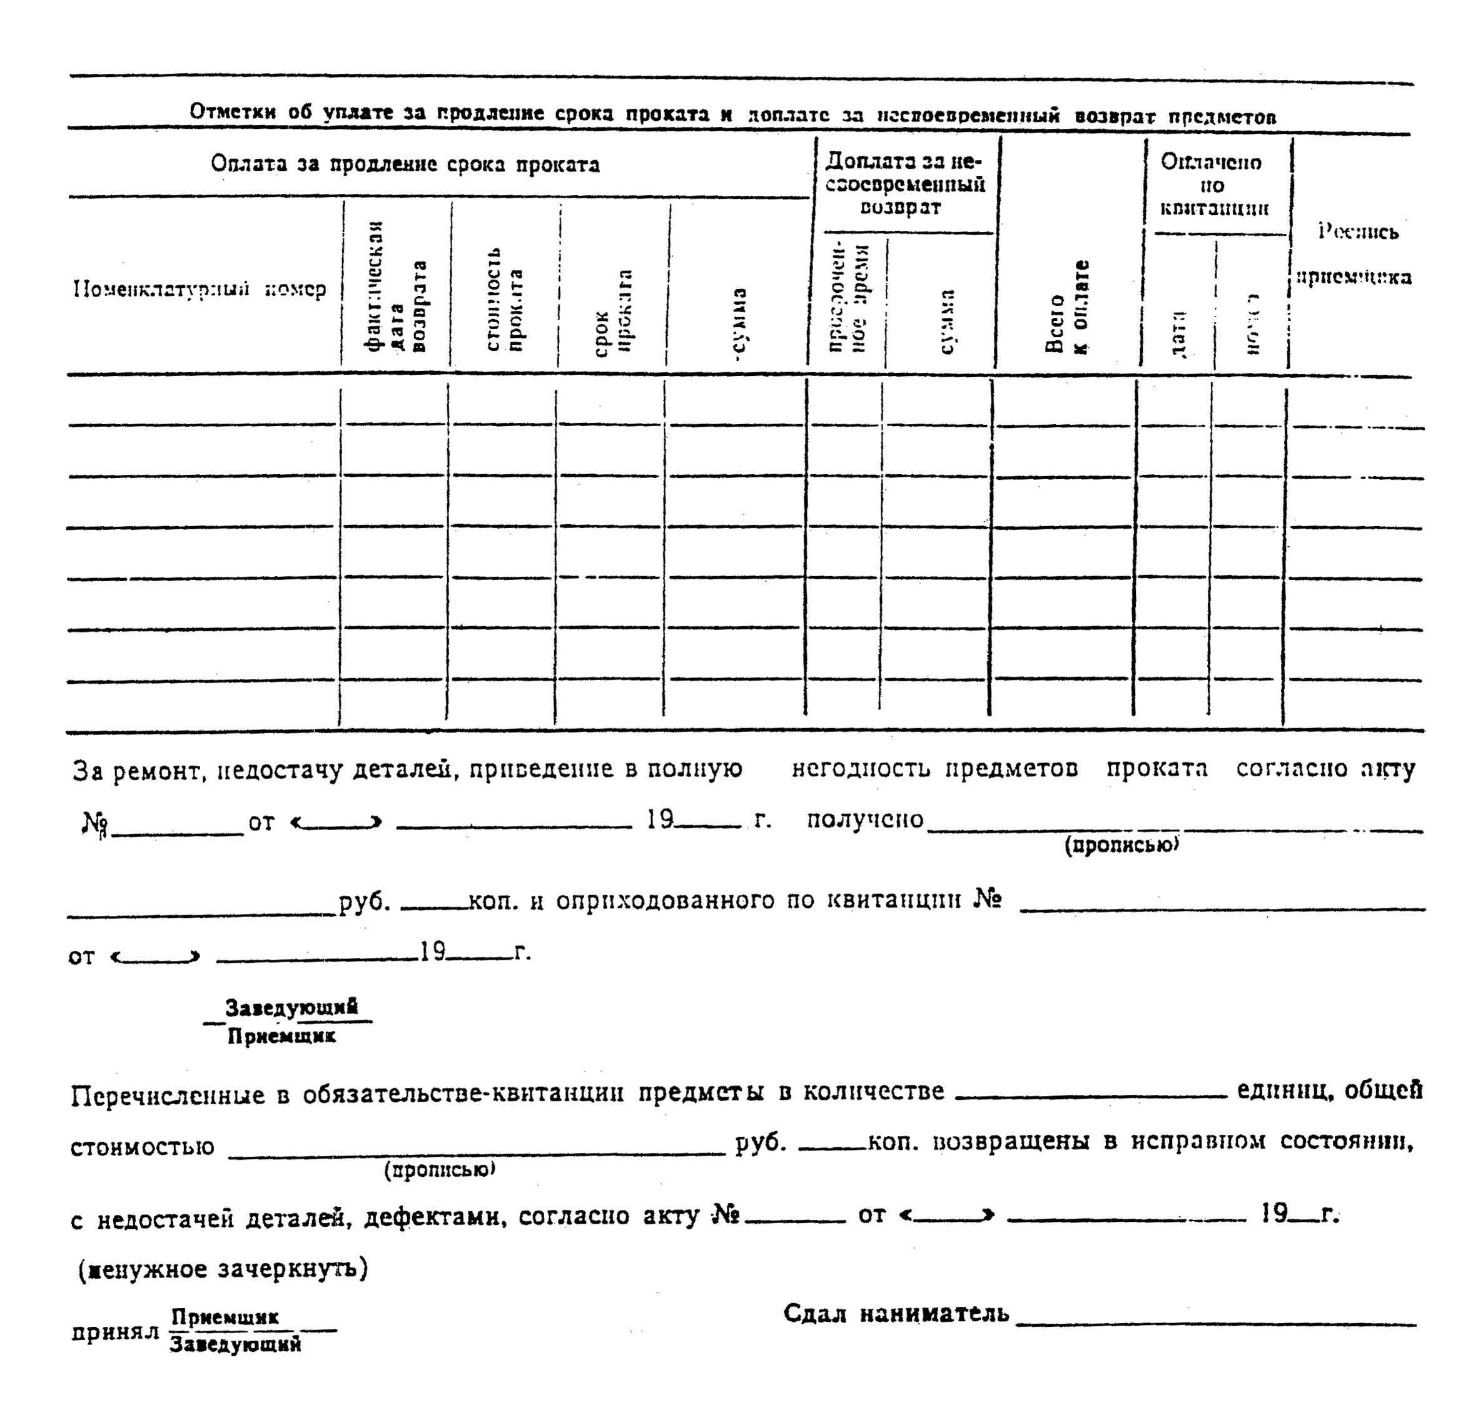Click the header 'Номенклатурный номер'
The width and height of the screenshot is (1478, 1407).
[x=200, y=289]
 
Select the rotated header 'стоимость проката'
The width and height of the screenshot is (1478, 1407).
[x=504, y=300]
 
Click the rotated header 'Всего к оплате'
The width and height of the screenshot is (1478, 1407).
[x=1066, y=308]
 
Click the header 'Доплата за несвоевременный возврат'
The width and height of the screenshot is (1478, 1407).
[x=904, y=185]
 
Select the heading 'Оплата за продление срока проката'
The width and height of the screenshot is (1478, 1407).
[x=405, y=165]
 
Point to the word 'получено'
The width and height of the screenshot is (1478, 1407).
[x=864, y=819]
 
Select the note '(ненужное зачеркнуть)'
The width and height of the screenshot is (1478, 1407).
[x=223, y=1269]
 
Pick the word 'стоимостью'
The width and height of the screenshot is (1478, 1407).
[x=142, y=1147]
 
